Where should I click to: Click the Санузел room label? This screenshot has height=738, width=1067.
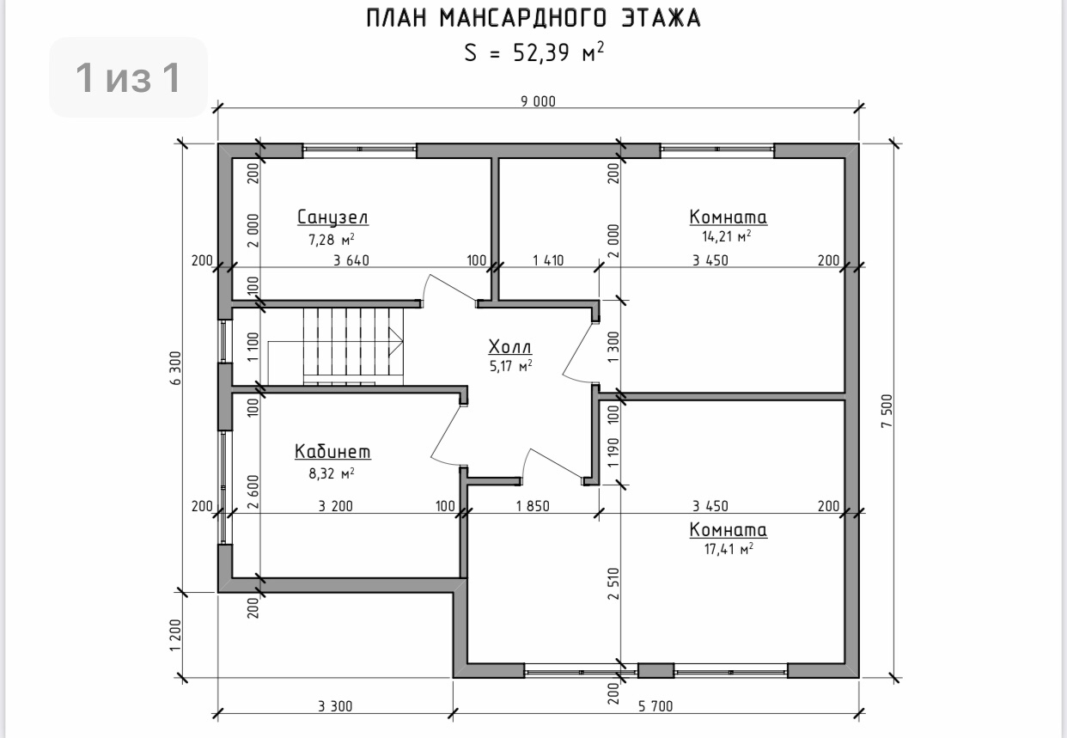[332, 217]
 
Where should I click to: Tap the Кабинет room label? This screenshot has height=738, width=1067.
[332, 452]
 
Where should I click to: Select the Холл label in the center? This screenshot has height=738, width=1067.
[510, 347]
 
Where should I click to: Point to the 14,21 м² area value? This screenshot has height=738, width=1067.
[727, 236]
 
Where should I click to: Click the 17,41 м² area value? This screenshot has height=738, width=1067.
[729, 549]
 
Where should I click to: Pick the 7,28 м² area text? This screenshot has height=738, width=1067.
[332, 239]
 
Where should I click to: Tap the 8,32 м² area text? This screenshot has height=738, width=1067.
[332, 473]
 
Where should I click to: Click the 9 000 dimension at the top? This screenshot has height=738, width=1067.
[539, 101]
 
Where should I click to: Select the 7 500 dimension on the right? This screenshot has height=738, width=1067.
[887, 411]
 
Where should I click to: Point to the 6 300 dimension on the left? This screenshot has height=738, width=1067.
[176, 368]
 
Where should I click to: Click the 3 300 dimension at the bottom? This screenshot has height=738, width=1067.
[335, 706]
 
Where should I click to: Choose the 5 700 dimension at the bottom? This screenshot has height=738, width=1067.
[655, 706]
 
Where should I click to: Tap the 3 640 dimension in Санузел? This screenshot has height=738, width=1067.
[351, 260]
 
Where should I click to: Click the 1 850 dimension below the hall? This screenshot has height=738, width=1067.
[533, 506]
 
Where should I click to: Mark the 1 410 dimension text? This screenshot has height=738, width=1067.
[548, 260]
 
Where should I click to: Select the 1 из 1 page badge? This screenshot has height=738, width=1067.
[128, 77]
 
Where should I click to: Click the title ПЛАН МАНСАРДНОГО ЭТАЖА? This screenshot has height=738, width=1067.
[533, 19]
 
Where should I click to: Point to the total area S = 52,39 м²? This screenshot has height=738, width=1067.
[534, 52]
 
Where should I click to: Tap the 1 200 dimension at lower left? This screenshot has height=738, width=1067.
[176, 635]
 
